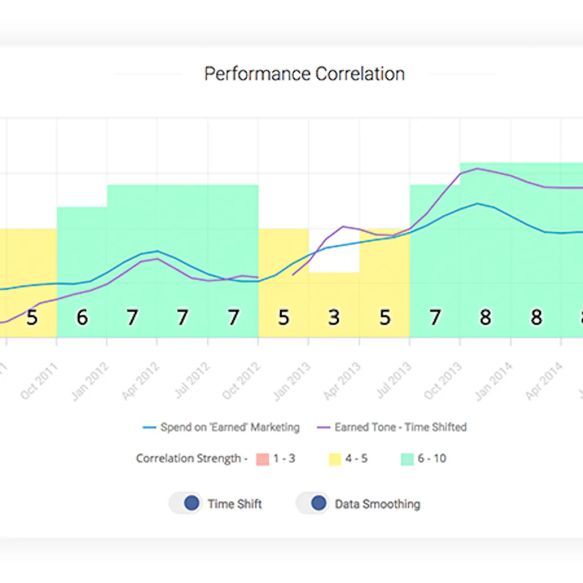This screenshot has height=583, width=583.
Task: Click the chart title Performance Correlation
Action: pos(304,74)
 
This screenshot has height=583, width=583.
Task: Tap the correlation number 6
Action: pos(83,318)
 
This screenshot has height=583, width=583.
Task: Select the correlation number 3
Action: pos(334,318)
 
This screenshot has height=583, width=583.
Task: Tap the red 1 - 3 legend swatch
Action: pos(262,459)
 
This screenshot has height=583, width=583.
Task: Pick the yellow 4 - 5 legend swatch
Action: pos(335,459)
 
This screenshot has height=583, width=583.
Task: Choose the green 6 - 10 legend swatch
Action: pos(407,459)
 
